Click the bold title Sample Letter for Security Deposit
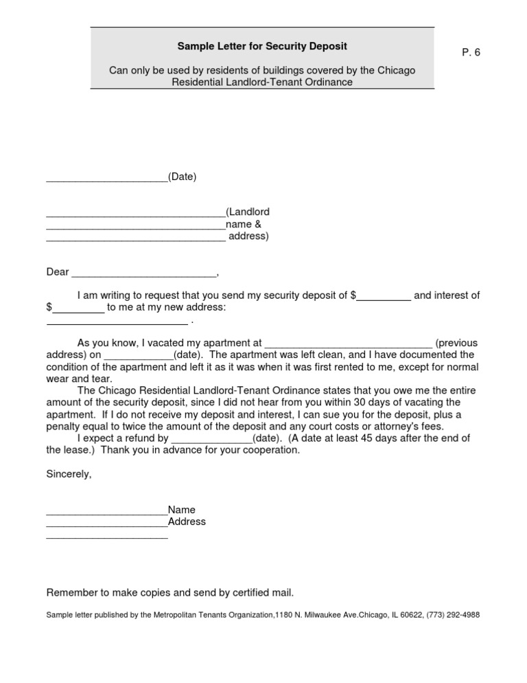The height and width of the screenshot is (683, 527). pyautogui.click(x=262, y=46)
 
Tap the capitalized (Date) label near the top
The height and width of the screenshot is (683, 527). pyautogui.click(x=183, y=177)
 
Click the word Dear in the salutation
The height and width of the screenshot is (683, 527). pyautogui.click(x=58, y=272)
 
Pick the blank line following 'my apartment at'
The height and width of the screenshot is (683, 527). pyautogui.click(x=349, y=343)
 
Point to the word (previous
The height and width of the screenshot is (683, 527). pyautogui.click(x=456, y=343)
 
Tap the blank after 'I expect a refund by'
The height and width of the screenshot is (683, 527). pyautogui.click(x=212, y=438)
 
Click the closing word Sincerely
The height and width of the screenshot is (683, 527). pyautogui.click(x=68, y=475)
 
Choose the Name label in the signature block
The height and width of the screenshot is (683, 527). pyautogui.click(x=182, y=510)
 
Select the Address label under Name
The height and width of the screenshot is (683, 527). pyautogui.click(x=187, y=522)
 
